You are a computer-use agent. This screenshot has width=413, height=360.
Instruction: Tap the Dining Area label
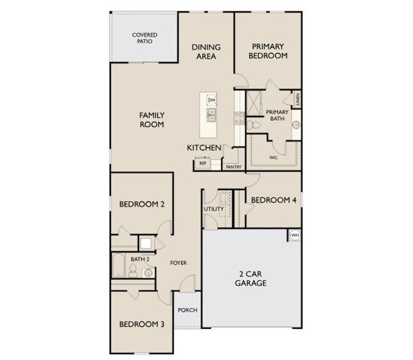[206, 52]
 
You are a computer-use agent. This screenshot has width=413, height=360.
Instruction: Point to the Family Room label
[152, 119]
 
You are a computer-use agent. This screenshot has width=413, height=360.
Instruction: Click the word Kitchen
[204, 148]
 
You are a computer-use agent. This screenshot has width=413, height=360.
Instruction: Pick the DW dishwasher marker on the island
[211, 100]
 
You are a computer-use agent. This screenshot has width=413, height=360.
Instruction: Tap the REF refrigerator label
[203, 163]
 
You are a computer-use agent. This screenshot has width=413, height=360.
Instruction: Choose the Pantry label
[234, 167]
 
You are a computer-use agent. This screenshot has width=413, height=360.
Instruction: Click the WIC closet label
[273, 158]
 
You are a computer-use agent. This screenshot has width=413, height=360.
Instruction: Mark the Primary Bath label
[277, 115]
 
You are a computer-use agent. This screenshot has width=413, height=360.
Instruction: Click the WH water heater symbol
[294, 235]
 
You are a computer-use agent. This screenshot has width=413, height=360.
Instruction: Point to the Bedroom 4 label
[273, 200]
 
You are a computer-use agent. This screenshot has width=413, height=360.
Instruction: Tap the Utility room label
[213, 209]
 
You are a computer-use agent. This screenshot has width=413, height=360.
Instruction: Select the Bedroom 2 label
[142, 204]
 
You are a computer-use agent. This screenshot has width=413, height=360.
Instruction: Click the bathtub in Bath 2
[118, 266]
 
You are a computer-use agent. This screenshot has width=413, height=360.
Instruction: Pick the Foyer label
[179, 263]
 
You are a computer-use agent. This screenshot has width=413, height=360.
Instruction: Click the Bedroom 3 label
[142, 324]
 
